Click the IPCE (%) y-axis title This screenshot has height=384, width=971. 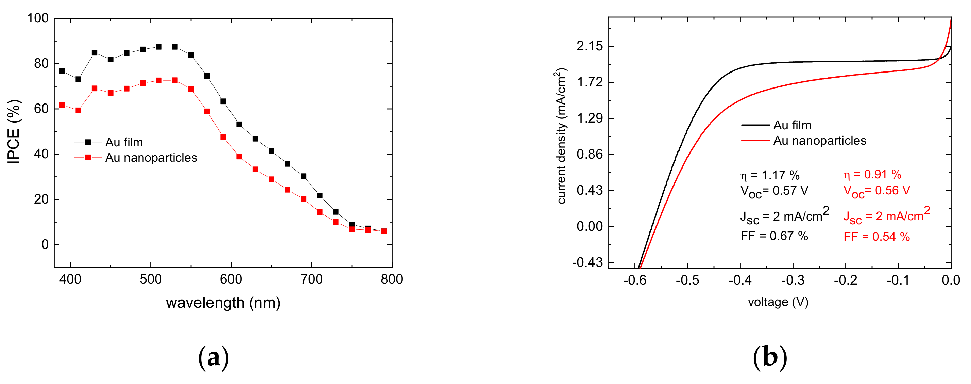14,132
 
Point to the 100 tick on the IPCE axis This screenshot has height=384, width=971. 38,18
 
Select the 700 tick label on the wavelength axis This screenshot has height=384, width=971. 312,279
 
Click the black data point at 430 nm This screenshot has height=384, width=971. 95,53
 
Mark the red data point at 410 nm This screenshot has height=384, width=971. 79,110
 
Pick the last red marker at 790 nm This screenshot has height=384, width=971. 384,231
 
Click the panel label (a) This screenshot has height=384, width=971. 214,357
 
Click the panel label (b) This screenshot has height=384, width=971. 770,357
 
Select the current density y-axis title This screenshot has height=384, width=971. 561,136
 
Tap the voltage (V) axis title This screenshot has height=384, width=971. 778,302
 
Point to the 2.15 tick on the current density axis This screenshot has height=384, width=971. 590,46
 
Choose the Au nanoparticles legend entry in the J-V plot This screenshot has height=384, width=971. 819,141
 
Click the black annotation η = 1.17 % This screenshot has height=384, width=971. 770,175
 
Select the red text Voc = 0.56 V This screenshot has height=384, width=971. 876,191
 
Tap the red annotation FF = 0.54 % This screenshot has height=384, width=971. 876,237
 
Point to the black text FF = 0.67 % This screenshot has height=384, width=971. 774,236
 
